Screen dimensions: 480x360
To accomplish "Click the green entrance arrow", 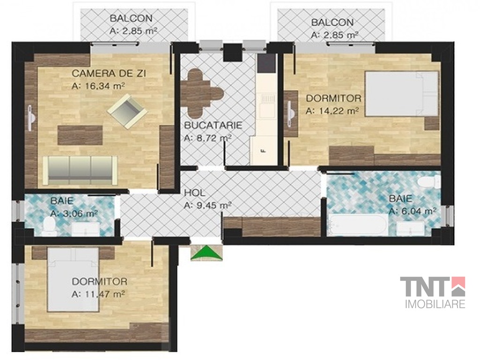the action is pyautogui.click(x=206, y=253).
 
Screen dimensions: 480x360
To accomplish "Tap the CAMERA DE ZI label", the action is pyautogui.click(x=109, y=74).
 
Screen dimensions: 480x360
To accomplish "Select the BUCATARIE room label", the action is pyautogui.click(x=213, y=125).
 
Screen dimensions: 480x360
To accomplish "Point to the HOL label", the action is pyautogui.click(x=195, y=193).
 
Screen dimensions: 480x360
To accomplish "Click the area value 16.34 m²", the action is pyautogui.click(x=98, y=86).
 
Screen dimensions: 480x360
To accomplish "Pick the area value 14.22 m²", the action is pyautogui.click(x=332, y=111).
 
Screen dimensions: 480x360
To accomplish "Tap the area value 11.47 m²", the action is pyautogui.click(x=98, y=294).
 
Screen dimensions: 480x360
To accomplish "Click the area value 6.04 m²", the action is pyautogui.click(x=412, y=211).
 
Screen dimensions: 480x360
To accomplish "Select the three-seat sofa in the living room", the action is pyautogui.click(x=80, y=170).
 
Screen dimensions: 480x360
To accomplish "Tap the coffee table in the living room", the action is pyautogui.click(x=80, y=135).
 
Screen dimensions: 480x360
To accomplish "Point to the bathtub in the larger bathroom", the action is pyautogui.click(x=357, y=225).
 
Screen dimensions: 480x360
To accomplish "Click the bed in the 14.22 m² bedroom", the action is pyautogui.click(x=402, y=93).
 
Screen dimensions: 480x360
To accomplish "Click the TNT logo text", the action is pyautogui.click(x=433, y=286).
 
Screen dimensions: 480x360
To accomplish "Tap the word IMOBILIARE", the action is pyautogui.click(x=435, y=304).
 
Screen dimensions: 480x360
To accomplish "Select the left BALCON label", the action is pyautogui.click(x=131, y=18).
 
